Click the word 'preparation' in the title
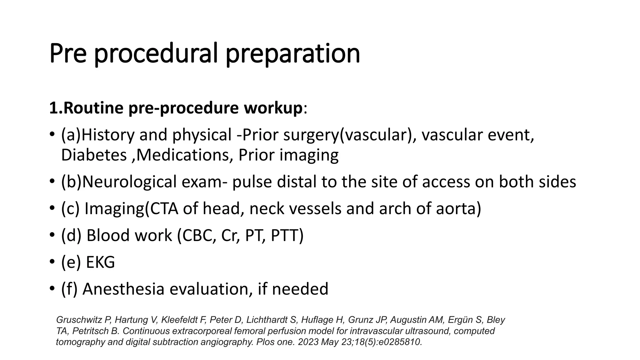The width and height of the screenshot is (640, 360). coord(293,54)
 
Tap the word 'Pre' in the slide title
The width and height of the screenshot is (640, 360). coord(68,53)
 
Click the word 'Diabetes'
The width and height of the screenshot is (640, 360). coord(94,155)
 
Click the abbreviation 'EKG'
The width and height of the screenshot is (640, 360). coord(100,262)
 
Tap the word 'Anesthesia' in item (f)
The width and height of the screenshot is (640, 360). coord(123,289)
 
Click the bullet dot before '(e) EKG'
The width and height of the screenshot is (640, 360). coord(52,262)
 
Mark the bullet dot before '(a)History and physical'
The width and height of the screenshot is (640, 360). coord(52,135)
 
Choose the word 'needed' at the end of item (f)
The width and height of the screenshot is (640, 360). coord(300,289)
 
